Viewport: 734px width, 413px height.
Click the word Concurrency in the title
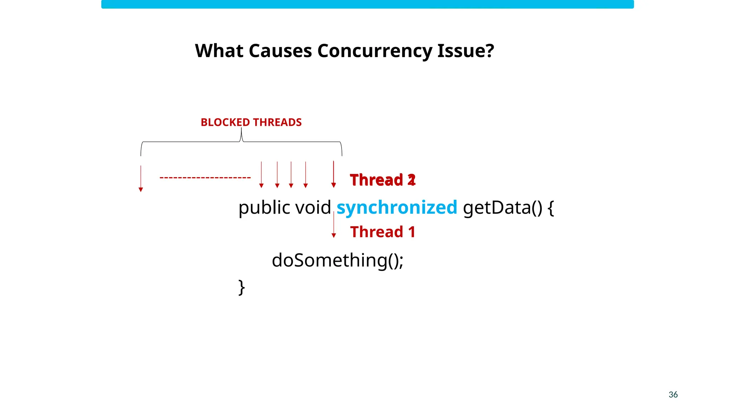pos(375,51)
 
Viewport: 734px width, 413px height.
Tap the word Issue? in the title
pos(466,51)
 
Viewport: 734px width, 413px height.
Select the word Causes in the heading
pos(280,51)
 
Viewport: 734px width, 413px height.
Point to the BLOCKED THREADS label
pos(251,122)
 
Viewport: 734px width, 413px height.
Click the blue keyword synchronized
pos(397,207)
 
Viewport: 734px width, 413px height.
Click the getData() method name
pos(502,207)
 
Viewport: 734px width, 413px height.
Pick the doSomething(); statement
pos(337,260)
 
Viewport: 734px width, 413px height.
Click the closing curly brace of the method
pos(242,287)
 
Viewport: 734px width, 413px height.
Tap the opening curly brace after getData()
pos(551,208)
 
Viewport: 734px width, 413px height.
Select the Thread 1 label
pos(382,232)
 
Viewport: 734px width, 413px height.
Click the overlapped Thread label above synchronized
pos(382,180)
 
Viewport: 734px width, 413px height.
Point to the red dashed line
pos(205,177)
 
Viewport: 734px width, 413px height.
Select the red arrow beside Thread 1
pos(334,225)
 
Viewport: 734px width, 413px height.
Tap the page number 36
pos(673,394)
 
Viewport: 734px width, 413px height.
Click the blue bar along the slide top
pos(367,4)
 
